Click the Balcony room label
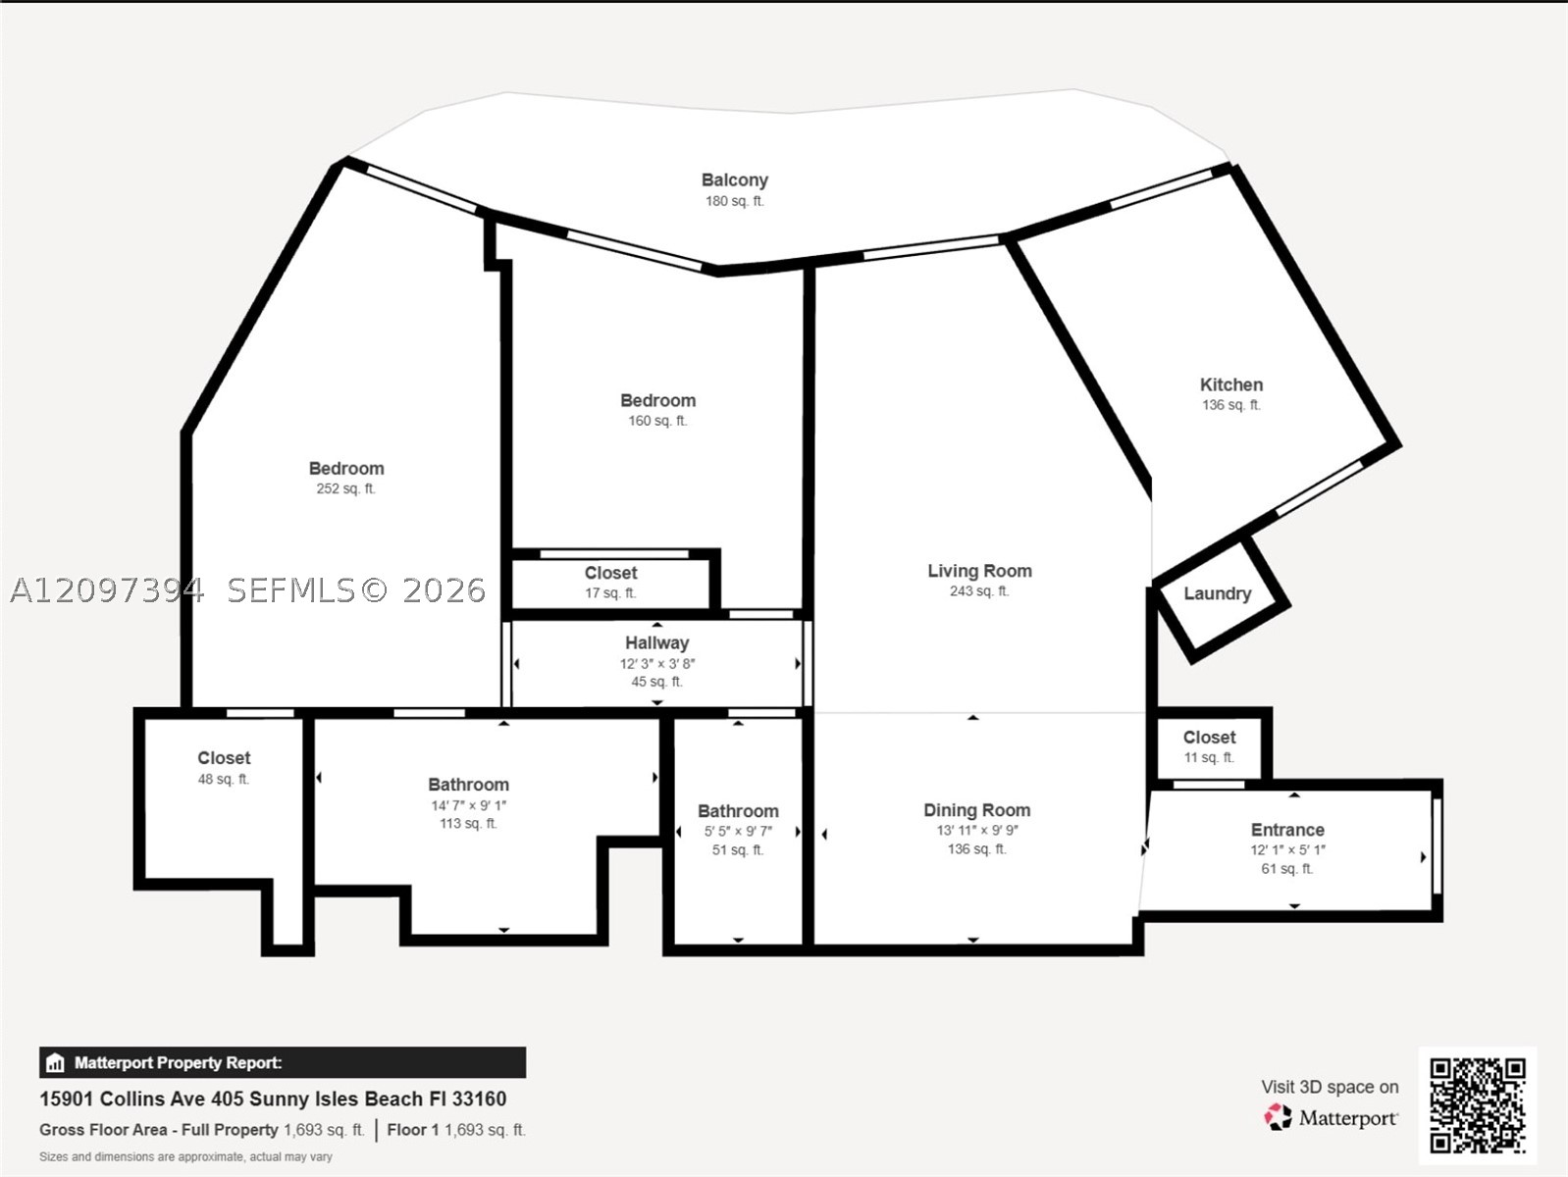pyautogui.click(x=734, y=180)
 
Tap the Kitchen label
pyautogui.click(x=1230, y=384)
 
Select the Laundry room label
pyautogui.click(x=1218, y=593)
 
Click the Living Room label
pyautogui.click(x=979, y=571)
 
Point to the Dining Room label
pyautogui.click(x=976, y=810)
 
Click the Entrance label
pyautogui.click(x=1287, y=830)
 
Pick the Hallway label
pyautogui.click(x=656, y=643)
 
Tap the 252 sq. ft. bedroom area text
pyautogui.click(x=345, y=488)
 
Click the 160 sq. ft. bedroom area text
pyautogui.click(x=657, y=421)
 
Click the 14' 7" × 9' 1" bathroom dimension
pyautogui.click(x=469, y=806)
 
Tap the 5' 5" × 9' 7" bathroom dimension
pyautogui.click(x=738, y=832)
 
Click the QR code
pyautogui.click(x=1478, y=1105)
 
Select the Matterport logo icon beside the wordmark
pyautogui.click(x=1278, y=1117)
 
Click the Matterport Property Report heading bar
pyautogui.click(x=283, y=1063)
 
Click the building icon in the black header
pyautogui.click(x=55, y=1063)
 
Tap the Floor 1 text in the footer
pyautogui.click(x=413, y=1131)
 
